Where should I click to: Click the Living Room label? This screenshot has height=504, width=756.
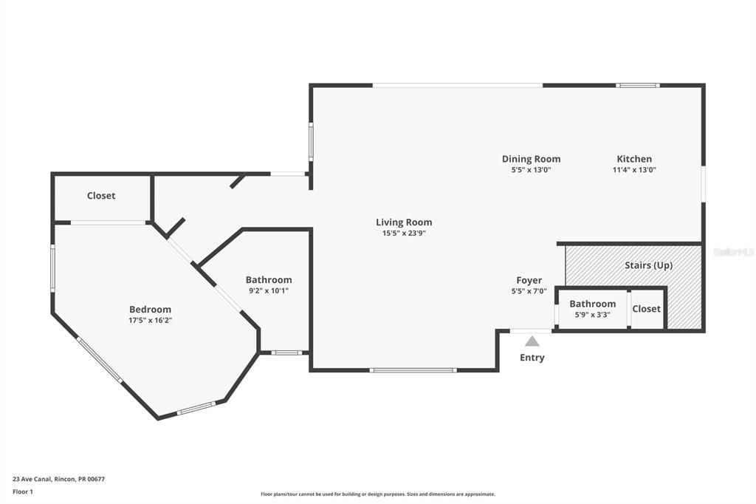coord(404,222)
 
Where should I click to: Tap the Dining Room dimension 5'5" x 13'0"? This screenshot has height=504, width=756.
coord(531,170)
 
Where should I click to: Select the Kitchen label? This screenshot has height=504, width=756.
coord(634,159)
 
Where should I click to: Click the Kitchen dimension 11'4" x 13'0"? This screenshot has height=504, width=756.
coord(634,170)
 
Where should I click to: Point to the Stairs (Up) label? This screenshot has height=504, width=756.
coord(648,265)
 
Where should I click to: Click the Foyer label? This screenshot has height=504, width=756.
coord(529,281)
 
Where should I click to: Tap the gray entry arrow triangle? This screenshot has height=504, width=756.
coord(532,341)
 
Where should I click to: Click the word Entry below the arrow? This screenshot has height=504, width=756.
coord(532,358)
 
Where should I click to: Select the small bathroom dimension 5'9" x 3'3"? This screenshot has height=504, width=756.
coord(592,315)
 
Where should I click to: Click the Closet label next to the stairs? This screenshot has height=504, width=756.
coord(646,309)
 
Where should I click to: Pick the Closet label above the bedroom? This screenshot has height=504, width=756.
coord(101,196)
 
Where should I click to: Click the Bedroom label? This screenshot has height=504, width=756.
coord(150,310)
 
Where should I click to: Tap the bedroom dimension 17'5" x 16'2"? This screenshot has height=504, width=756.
coord(150,321)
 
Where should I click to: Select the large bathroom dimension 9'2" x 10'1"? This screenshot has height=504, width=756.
coord(268,291)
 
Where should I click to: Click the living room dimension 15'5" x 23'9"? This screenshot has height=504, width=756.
coord(404,234)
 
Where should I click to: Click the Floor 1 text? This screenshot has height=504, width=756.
coord(23,491)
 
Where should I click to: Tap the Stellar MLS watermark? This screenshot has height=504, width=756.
coord(733,252)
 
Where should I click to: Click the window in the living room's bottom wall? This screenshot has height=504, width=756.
coord(413,370)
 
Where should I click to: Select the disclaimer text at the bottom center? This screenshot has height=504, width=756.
coord(377,494)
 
